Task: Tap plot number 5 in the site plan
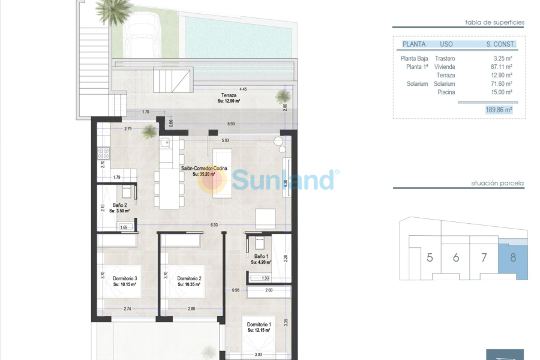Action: point(430,258)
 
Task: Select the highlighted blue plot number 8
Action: point(513,258)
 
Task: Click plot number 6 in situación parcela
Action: point(456,258)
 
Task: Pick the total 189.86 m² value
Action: point(499,110)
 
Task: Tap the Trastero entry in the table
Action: point(445,59)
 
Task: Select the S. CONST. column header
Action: point(501,44)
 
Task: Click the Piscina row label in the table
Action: point(446,92)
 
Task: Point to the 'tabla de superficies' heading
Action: point(494,22)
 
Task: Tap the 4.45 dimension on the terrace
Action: point(243,89)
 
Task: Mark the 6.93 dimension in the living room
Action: point(214,224)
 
